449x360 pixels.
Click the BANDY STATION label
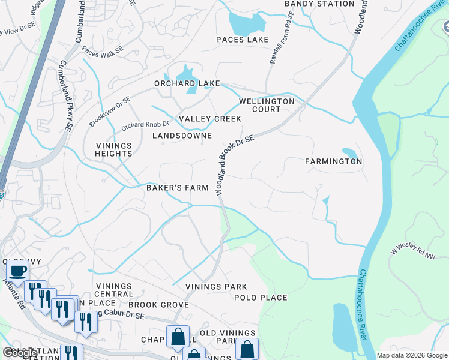[x=319, y=4]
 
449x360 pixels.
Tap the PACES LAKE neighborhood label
[x=243, y=40]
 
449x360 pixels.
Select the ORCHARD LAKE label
[x=187, y=83]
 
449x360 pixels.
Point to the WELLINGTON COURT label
[x=267, y=106]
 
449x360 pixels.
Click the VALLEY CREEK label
[x=209, y=119]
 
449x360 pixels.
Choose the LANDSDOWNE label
[x=182, y=136]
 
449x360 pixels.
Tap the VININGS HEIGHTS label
[x=113, y=149]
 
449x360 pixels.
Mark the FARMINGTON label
[x=333, y=161]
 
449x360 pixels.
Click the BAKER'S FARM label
[x=178, y=188]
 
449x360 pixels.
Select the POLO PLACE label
[x=261, y=298]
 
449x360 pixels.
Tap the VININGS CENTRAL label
[x=113, y=290]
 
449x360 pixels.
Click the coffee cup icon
[x=17, y=271]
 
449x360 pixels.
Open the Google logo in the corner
[x=19, y=353]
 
